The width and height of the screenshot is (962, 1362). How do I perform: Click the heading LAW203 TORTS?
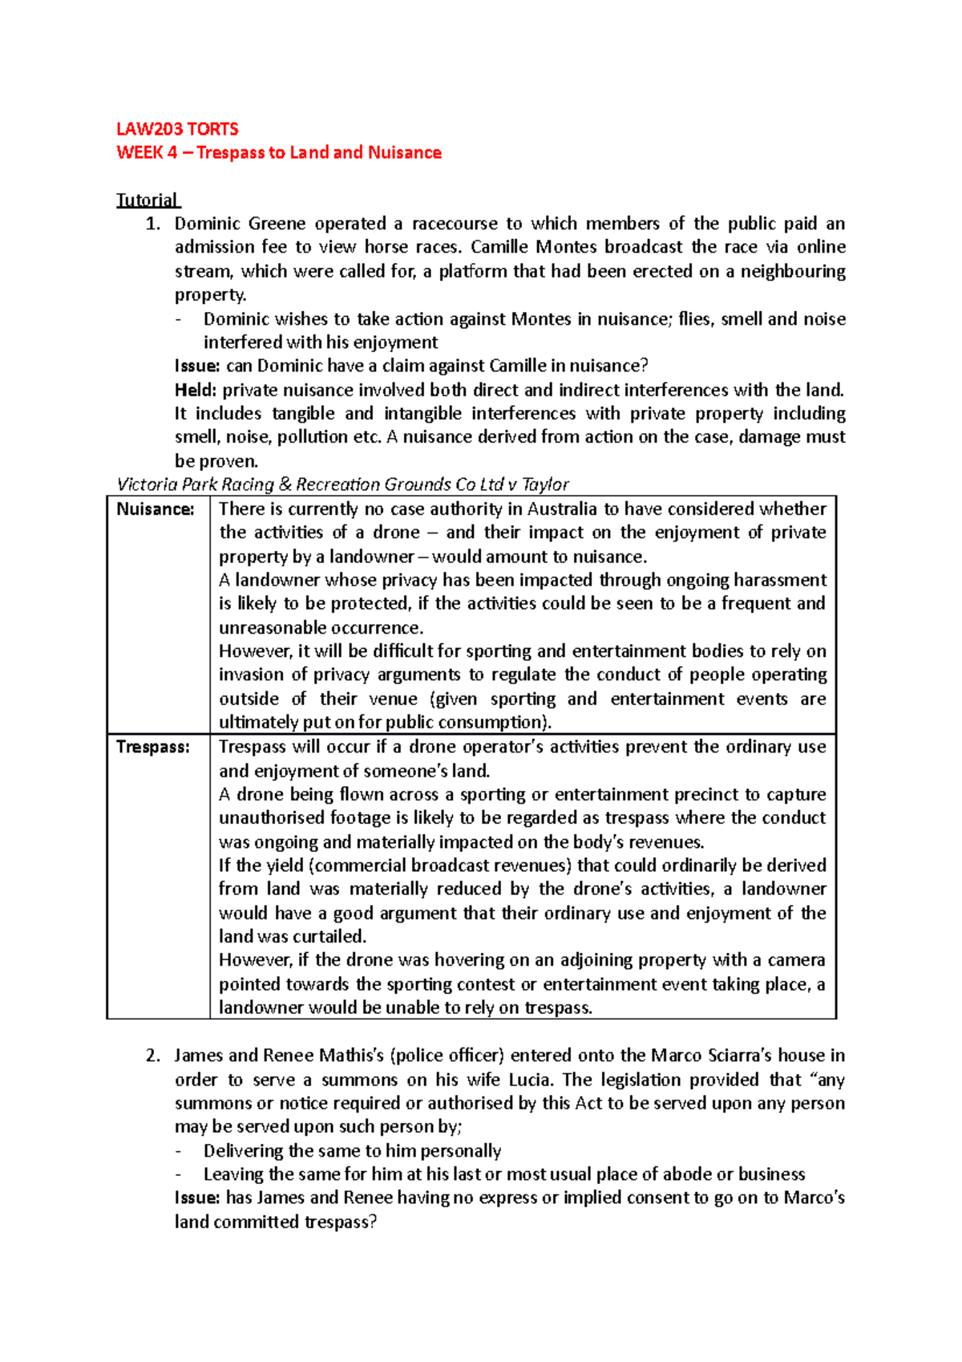177,129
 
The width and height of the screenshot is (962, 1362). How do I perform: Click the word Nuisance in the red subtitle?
404,152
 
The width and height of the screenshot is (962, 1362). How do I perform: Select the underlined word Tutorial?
148,200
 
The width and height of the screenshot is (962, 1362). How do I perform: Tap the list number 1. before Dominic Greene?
153,224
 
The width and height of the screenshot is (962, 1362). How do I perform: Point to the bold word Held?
196,390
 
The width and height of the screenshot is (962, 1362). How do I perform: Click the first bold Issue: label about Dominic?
197,366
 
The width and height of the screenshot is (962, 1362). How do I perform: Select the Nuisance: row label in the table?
156,509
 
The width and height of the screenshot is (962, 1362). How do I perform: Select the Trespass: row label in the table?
153,747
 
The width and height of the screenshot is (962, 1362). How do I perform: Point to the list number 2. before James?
153,1056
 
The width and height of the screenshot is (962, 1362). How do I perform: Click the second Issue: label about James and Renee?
197,1198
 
